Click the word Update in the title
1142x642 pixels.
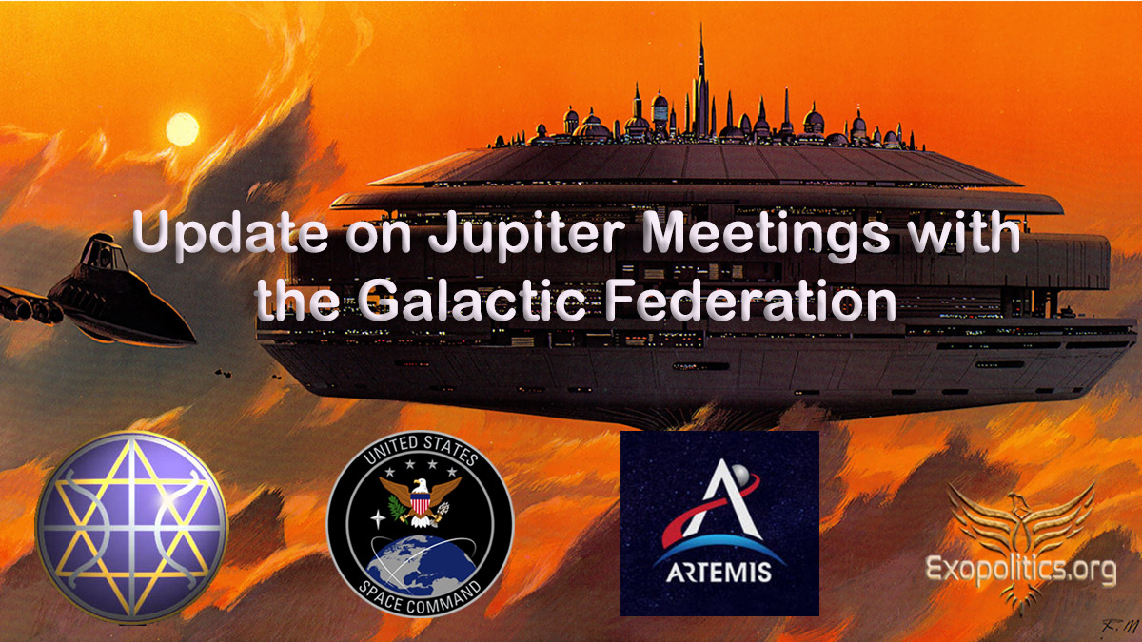[230, 233]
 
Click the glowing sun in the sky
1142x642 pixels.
[182, 129]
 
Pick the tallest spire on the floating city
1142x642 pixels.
[701, 82]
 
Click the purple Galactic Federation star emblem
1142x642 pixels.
[131, 527]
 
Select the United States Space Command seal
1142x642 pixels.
[420, 524]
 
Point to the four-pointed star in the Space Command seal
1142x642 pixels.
[378, 519]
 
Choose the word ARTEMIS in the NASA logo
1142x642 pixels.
[719, 573]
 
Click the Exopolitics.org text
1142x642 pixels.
[1020, 569]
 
